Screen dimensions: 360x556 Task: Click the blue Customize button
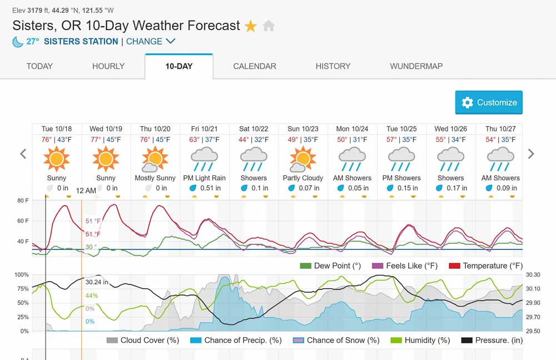489,102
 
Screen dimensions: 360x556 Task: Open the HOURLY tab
108,66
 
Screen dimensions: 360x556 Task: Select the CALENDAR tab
255,66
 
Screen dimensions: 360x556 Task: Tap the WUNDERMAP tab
416,66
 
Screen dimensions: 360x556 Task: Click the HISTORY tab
333,66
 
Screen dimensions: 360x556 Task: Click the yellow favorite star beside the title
251,26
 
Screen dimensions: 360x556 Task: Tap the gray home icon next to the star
269,26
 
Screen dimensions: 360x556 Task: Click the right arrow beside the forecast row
531,154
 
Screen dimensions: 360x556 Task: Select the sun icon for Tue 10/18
57,159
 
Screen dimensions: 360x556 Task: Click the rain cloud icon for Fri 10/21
205,159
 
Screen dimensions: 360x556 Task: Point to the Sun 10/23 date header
303,129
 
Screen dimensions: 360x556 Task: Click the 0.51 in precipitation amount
210,188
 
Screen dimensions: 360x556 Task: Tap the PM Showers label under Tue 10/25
402,178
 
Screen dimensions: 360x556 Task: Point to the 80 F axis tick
23,200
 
